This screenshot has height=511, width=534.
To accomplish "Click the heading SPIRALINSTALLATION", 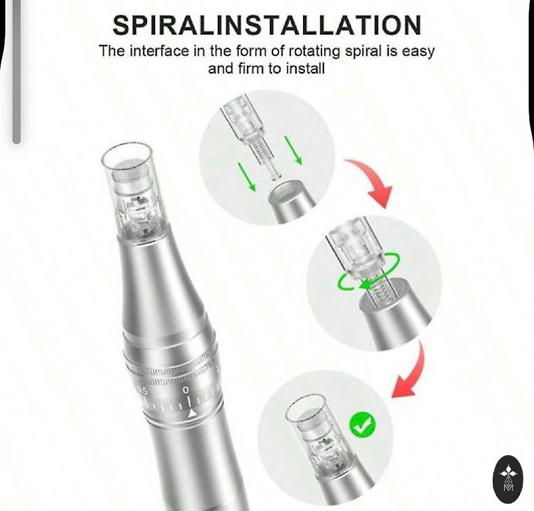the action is coord(267,25).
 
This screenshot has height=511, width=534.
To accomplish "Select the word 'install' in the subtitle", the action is coord(305,69).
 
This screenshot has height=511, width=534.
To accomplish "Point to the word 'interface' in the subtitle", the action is coord(160,51).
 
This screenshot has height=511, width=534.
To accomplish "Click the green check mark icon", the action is coord(362,424).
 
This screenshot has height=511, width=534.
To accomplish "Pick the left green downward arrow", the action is coord(246,177).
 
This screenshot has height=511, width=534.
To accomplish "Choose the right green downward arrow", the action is coord(293,150).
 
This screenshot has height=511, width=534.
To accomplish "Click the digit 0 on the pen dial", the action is coord(186,390).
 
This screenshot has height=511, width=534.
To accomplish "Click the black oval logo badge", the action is coord(508,479).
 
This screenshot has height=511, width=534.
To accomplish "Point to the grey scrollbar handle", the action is coord(16,71).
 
